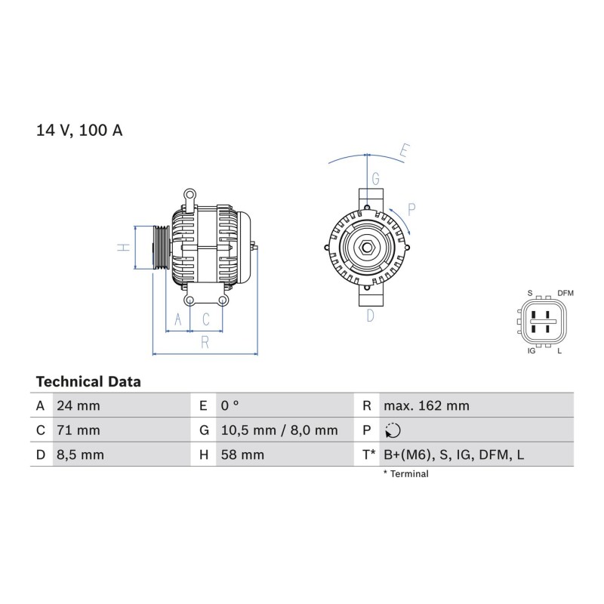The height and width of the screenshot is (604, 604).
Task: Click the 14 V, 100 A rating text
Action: tap(79, 130)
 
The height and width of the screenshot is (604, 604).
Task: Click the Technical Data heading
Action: tap(88, 382)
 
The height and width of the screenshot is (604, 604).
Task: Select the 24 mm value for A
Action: tap(79, 405)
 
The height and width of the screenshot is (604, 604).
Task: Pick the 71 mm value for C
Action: tap(79, 430)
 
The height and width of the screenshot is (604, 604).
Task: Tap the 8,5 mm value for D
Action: tap(81, 455)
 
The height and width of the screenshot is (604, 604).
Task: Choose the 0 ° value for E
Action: tap(230, 405)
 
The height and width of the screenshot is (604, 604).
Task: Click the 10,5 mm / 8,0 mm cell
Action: tap(279, 430)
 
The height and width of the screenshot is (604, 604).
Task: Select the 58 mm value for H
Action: tap(242, 455)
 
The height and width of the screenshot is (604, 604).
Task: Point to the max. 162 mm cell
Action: tap(427, 405)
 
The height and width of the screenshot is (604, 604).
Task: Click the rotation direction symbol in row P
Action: tap(393, 430)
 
